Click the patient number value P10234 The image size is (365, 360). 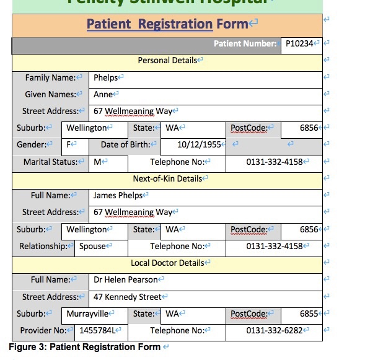(299, 43)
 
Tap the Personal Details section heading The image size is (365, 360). (167, 60)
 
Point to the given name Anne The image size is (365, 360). (103, 95)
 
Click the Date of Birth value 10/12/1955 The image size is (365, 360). (198, 144)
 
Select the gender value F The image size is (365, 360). (69, 144)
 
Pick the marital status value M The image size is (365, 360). (97, 162)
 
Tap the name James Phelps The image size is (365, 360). (118, 195)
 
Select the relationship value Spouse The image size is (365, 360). (92, 246)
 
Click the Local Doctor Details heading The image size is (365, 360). (167, 263)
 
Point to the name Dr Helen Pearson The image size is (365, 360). (126, 279)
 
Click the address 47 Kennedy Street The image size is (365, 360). (127, 297)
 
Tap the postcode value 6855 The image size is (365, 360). (309, 314)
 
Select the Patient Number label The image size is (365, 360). (245, 43)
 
